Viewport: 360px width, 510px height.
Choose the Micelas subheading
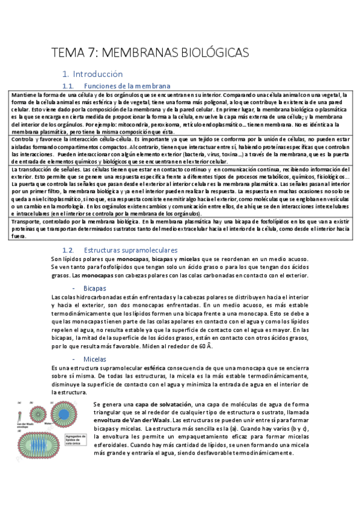point(95,358)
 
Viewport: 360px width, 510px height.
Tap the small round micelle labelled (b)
point(37,413)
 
